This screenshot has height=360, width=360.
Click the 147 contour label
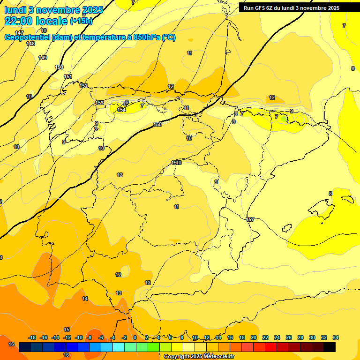[x=19, y=33]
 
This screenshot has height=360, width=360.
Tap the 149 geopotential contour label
[x=43, y=58]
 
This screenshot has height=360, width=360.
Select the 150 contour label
[x=59, y=67]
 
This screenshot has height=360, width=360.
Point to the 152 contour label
[x=83, y=86]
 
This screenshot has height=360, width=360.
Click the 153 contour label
[x=99, y=103]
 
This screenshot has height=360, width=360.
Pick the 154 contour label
[x=121, y=110]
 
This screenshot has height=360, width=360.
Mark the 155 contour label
[x=157, y=124]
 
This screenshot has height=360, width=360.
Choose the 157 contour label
[x=250, y=219]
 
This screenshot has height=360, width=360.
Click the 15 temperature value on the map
[x=67, y=330]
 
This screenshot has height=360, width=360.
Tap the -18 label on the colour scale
[x=32, y=337]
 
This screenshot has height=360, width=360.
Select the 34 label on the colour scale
[x=336, y=337]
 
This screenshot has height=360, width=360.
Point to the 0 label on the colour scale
[x=135, y=337]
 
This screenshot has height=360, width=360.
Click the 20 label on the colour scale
[x=254, y=337]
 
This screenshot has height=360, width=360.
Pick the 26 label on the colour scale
[x=289, y=337]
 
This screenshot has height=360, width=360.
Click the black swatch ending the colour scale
[x=330, y=347]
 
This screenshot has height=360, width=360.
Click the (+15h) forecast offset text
[x=81, y=21]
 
